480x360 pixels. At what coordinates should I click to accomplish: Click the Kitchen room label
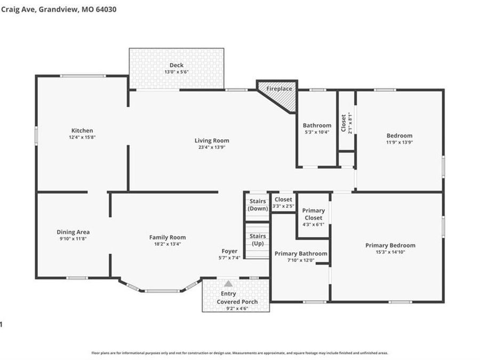[82, 130]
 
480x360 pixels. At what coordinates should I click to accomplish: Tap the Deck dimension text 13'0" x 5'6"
[176, 72]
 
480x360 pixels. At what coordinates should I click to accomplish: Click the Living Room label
[212, 141]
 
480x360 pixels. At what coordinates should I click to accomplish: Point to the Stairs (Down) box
[258, 205]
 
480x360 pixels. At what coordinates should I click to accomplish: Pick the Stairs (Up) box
[258, 239]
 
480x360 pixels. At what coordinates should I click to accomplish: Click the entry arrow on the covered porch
[228, 284]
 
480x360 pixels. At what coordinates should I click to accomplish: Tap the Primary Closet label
[313, 214]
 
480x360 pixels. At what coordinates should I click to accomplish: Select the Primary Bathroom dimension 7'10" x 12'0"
[301, 261]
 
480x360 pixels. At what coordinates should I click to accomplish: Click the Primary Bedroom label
[390, 245]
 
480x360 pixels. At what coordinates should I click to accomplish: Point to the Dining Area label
[73, 232]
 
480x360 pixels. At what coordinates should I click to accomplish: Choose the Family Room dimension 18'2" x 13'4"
[167, 244]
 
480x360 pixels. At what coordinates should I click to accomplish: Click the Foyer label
[230, 251]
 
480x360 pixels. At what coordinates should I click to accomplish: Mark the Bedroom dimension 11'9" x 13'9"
[399, 142]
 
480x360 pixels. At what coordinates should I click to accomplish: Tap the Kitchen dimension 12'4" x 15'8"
[82, 137]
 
